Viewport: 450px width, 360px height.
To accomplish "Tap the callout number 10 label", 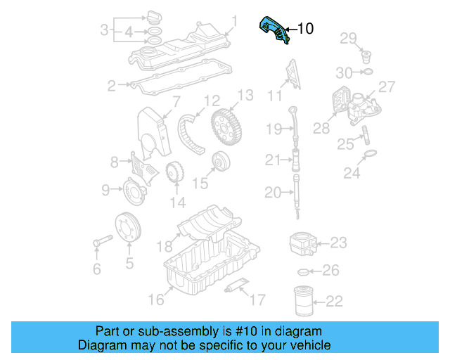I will pos(305,29).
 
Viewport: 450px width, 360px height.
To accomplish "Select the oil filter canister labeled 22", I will pos(304,301).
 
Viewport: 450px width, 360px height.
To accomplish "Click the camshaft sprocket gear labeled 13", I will pos(228,128).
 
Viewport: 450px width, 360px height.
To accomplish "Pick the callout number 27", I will pos(387,86).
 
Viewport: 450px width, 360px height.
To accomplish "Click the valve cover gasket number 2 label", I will pos(111,86).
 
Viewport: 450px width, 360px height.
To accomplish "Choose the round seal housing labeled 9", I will pos(131,189).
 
